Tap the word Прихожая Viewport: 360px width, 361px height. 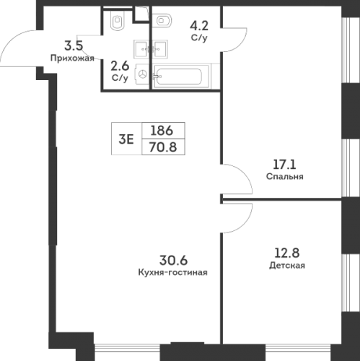[x=74, y=59]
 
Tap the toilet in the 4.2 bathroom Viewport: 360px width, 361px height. [x=163, y=19]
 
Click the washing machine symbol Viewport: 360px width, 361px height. [x=143, y=74]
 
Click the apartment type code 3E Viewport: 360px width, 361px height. [x=126, y=140]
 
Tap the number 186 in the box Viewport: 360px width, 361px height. [x=162, y=131]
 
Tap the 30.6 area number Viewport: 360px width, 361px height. [x=173, y=260]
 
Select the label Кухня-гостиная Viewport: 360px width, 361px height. [x=173, y=272]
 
